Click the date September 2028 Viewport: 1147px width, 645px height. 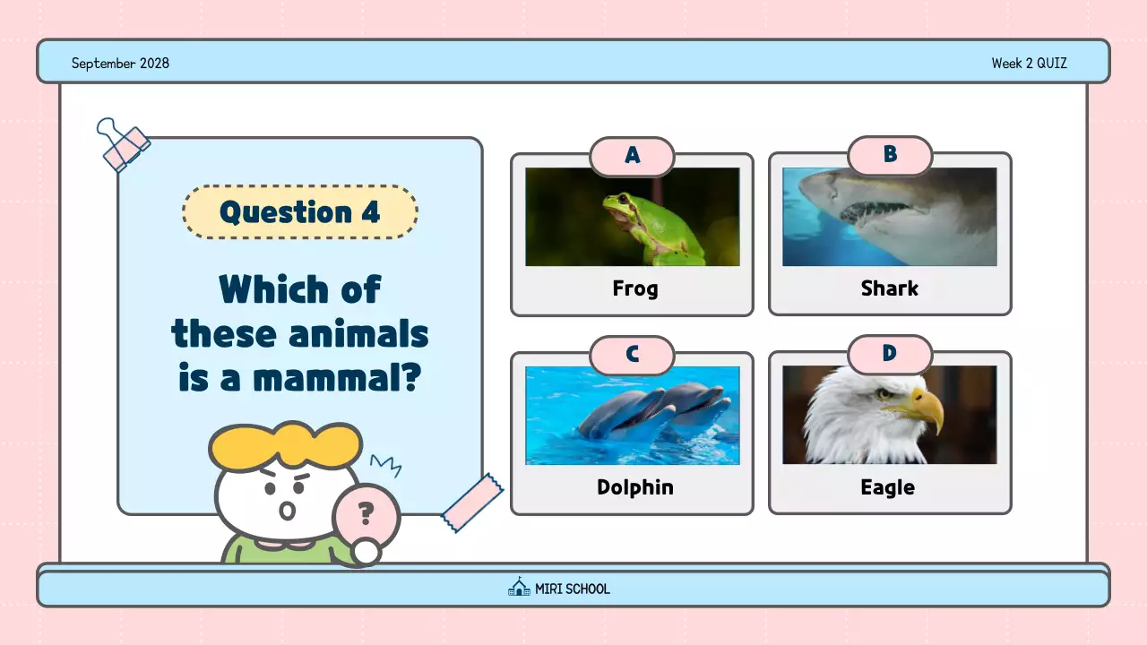pyautogui.click(x=120, y=63)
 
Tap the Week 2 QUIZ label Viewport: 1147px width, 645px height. pyautogui.click(x=1029, y=63)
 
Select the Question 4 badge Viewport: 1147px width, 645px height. pyautogui.click(x=300, y=212)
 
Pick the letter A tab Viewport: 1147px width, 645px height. pyautogui.click(x=632, y=156)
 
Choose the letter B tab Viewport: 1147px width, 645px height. pyautogui.click(x=890, y=155)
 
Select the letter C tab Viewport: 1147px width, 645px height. pyautogui.click(x=632, y=355)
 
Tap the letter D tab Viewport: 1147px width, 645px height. pyautogui.click(x=890, y=354)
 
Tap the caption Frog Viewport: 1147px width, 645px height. pyautogui.click(x=634, y=288)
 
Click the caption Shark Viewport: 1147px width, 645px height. pyautogui.click(x=890, y=288)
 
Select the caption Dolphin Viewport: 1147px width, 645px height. pyautogui.click(x=634, y=487)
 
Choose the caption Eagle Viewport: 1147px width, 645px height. pyautogui.click(x=887, y=487)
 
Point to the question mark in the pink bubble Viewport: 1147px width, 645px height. pyautogui.click(x=366, y=513)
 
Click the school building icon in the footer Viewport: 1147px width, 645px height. pyautogui.click(x=519, y=588)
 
